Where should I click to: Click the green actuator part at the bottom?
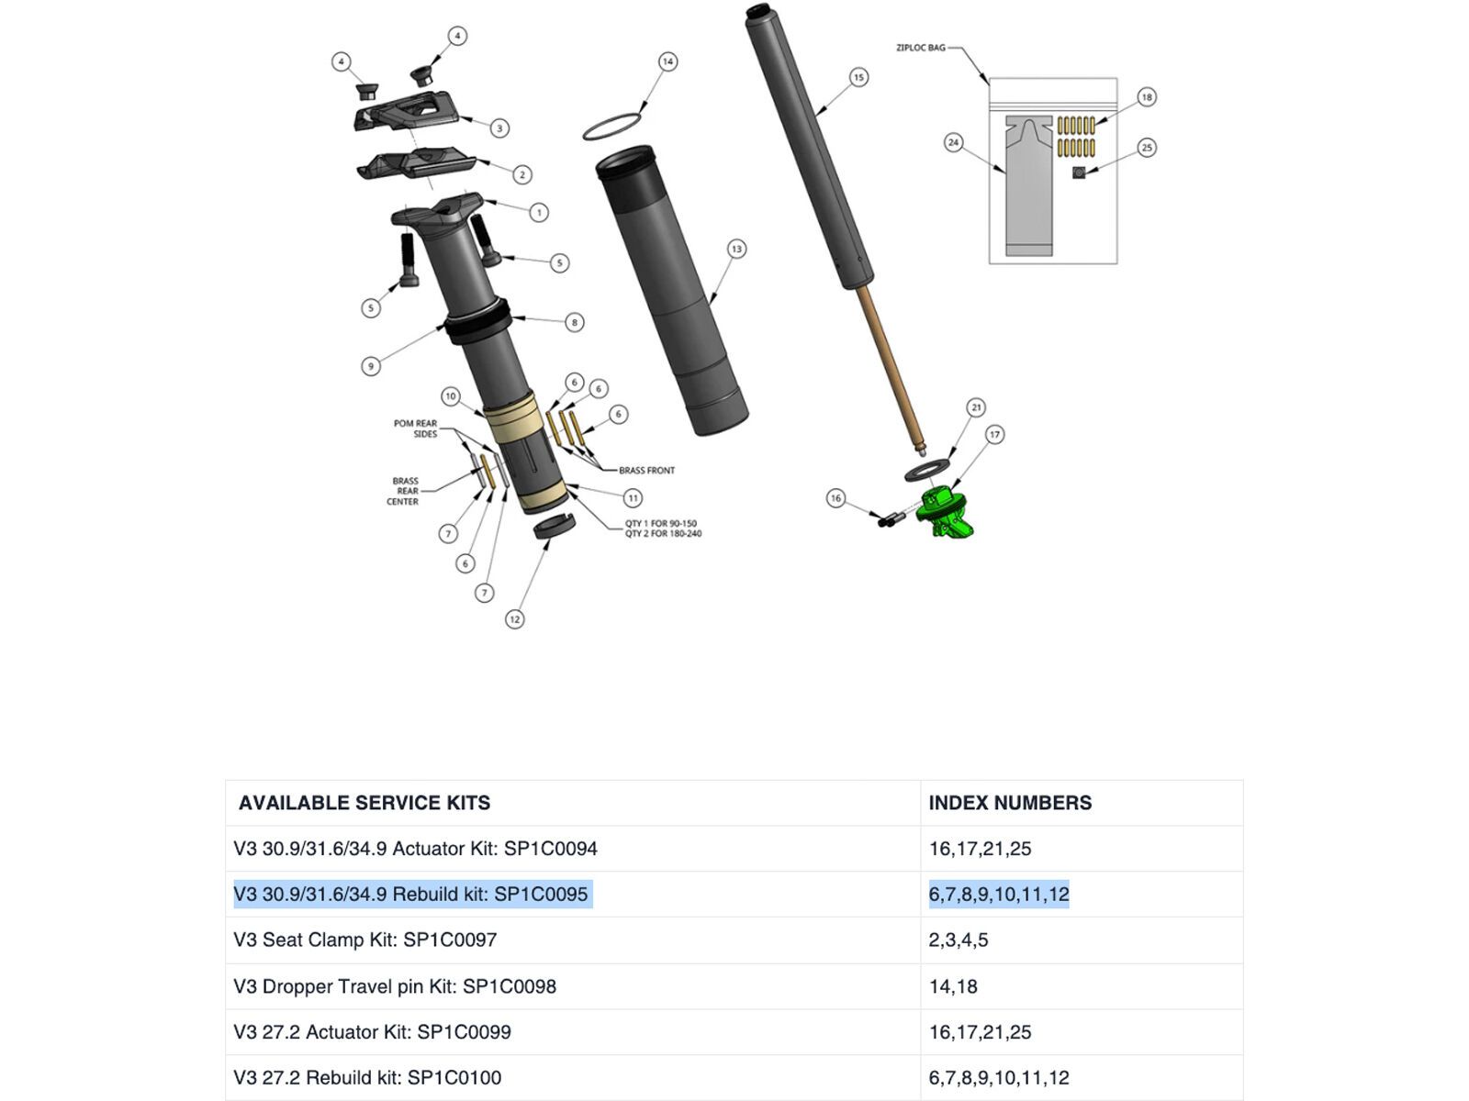pos(943,513)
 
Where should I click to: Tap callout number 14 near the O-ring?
pos(667,61)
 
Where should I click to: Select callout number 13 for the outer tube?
pos(735,249)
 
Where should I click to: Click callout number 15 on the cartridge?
pos(858,77)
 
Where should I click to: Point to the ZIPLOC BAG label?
pos(920,48)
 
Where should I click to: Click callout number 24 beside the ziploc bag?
pos(953,142)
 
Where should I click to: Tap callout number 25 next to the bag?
pos(1146,148)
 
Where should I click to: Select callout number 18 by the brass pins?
pos(1146,97)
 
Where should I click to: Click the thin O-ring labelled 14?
pos(611,127)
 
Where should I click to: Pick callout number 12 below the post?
pos(514,619)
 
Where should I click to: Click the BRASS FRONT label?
pos(646,471)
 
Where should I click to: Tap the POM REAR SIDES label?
pos(415,428)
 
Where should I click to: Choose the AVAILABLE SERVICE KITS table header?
pos(364,803)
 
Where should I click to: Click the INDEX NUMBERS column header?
pos(1010,803)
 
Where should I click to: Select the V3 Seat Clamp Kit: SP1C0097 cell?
pos(365,940)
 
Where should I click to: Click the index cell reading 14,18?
pos(953,986)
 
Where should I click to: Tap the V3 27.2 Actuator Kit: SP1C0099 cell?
pos(372,1032)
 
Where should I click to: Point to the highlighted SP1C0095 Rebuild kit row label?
pos(410,895)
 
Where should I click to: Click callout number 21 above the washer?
pos(975,407)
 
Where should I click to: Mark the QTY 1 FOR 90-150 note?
pos(661,524)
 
